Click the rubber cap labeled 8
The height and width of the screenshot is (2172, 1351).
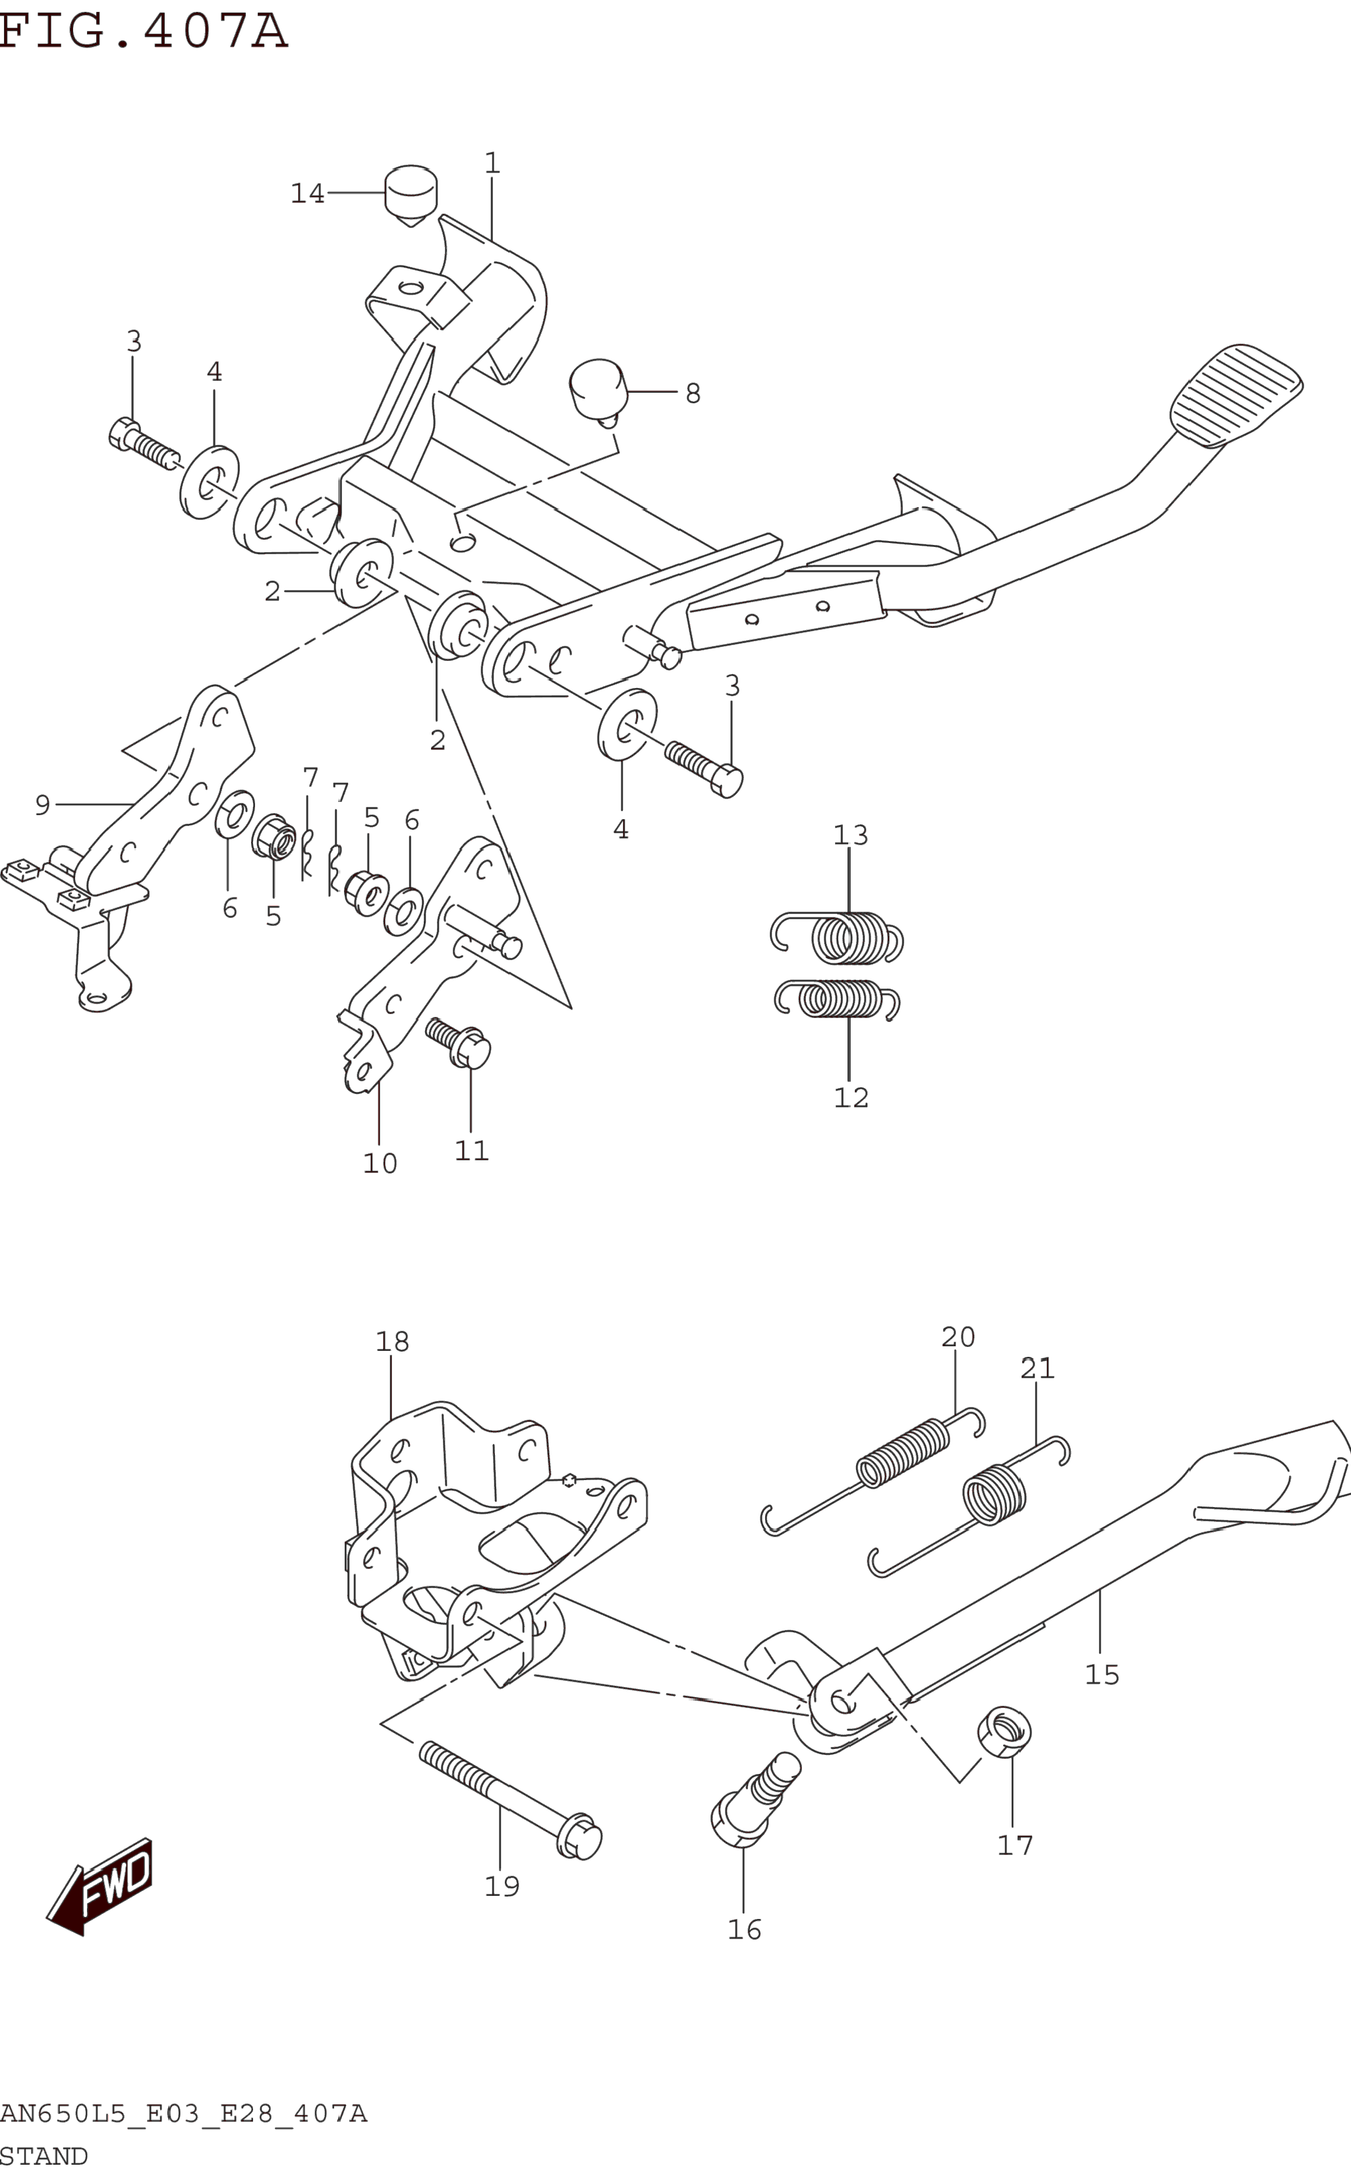[x=598, y=387]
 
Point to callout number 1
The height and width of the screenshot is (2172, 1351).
[x=492, y=163]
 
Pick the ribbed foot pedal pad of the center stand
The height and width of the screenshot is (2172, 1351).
[x=1236, y=394]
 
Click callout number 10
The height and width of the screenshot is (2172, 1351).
[x=380, y=1163]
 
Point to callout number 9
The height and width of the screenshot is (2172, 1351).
[x=42, y=805]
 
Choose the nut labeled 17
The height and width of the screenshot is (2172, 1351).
[x=1004, y=1730]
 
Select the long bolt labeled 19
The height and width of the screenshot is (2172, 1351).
[x=509, y=1800]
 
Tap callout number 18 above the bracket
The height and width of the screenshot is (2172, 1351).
[x=392, y=1341]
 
